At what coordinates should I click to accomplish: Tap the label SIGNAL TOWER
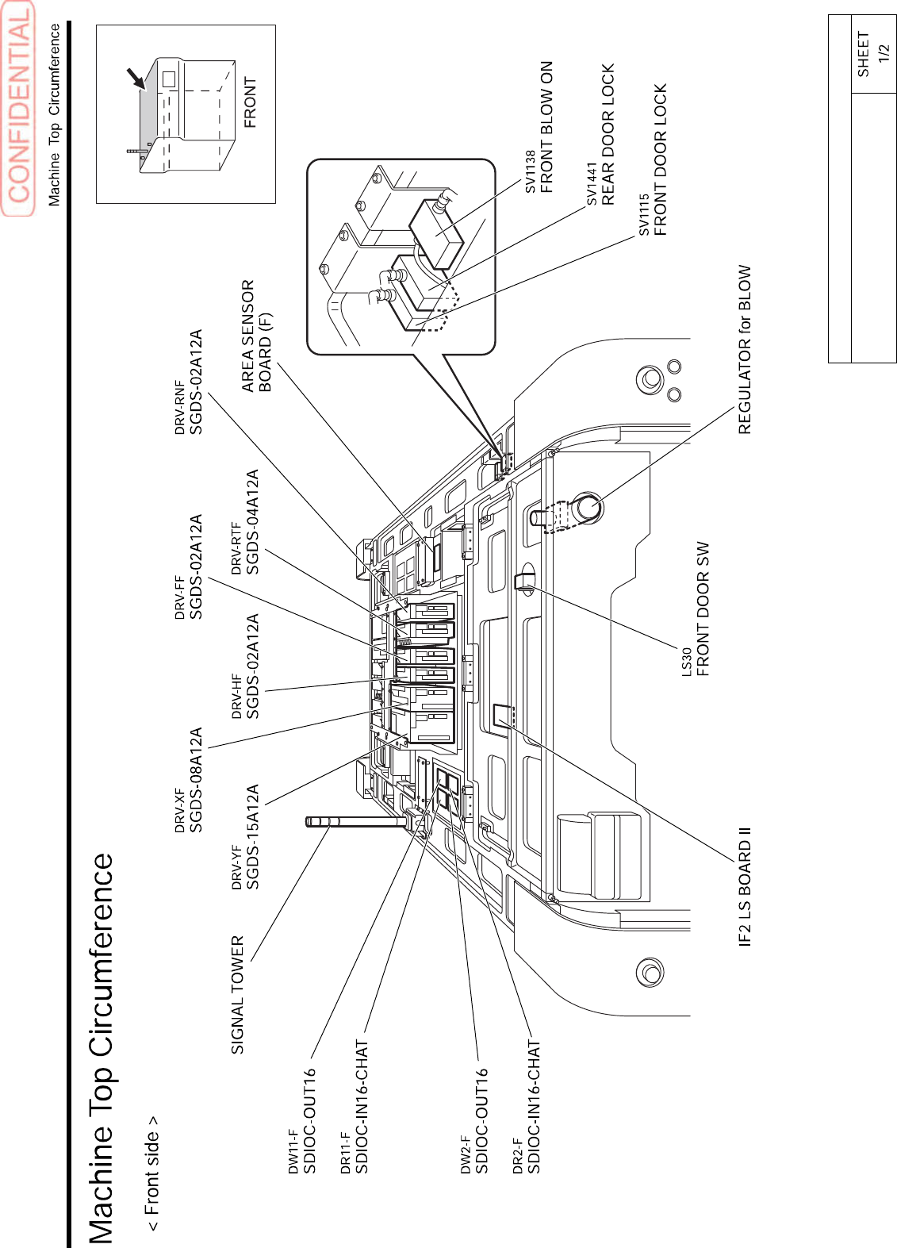coord(238,995)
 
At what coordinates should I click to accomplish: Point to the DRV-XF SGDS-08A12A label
coord(189,780)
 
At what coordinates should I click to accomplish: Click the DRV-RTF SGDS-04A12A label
coord(245,522)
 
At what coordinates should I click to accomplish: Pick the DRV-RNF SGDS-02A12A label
coord(189,382)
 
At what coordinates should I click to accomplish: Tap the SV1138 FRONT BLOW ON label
coord(539,128)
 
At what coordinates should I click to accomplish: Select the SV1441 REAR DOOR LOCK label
coord(600,135)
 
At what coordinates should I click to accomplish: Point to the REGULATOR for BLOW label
coord(744,349)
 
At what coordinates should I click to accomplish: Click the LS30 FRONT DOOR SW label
coord(695,609)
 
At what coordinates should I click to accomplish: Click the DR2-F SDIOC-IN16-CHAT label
coord(526,1107)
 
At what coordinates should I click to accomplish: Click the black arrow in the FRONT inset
coord(136,79)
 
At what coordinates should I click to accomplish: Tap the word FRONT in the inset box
coord(251,102)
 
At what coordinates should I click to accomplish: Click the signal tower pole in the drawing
coord(357,822)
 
